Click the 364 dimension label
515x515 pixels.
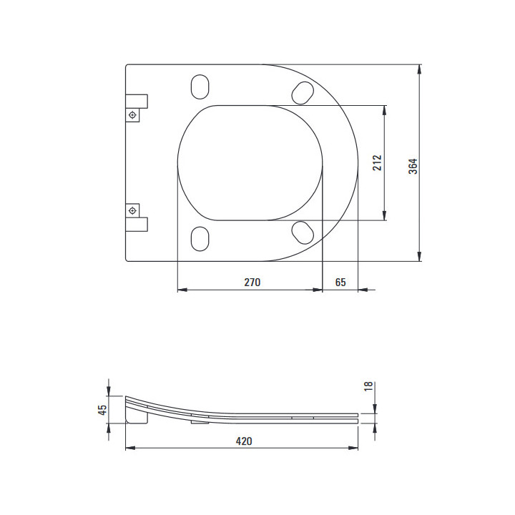[413, 166]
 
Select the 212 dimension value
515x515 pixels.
[377, 163]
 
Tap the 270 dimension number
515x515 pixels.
[252, 282]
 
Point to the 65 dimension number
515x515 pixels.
[340, 282]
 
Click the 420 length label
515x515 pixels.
[244, 441]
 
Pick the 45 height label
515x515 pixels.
[102, 410]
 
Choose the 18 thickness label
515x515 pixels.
[368, 386]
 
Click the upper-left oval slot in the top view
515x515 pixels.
[200, 87]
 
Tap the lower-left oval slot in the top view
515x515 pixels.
[200, 239]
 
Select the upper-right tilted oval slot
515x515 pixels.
[303, 93]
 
